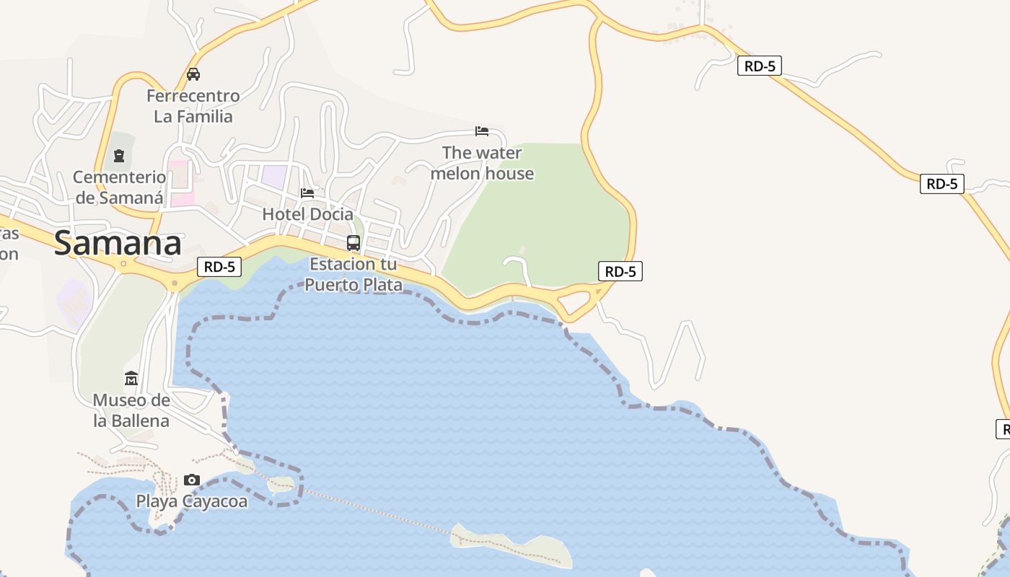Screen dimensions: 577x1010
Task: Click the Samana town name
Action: point(118,243)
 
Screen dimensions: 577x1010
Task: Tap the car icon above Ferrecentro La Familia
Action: point(193,74)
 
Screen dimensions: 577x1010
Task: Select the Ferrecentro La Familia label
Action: point(193,106)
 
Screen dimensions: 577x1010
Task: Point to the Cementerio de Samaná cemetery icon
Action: point(119,155)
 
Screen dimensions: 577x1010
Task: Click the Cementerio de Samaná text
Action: point(119,187)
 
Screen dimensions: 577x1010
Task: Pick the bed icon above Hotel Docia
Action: point(307,193)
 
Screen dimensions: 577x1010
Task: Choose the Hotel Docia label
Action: point(307,214)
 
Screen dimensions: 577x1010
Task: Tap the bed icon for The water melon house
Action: point(482,131)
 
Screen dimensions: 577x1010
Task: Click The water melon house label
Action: point(482,163)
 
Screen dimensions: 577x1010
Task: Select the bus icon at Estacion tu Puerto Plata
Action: point(353,243)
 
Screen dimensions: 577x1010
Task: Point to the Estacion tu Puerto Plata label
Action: point(353,275)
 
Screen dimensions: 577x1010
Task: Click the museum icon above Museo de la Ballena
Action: point(131,379)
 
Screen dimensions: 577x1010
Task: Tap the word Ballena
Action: point(131,420)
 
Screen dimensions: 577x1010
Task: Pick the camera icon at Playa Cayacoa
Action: point(191,480)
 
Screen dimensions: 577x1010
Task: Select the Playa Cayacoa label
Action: point(192,501)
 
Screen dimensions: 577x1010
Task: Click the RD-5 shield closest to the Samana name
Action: point(219,267)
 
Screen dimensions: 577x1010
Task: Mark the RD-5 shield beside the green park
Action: point(620,271)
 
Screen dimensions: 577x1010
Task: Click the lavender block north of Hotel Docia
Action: point(273,177)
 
